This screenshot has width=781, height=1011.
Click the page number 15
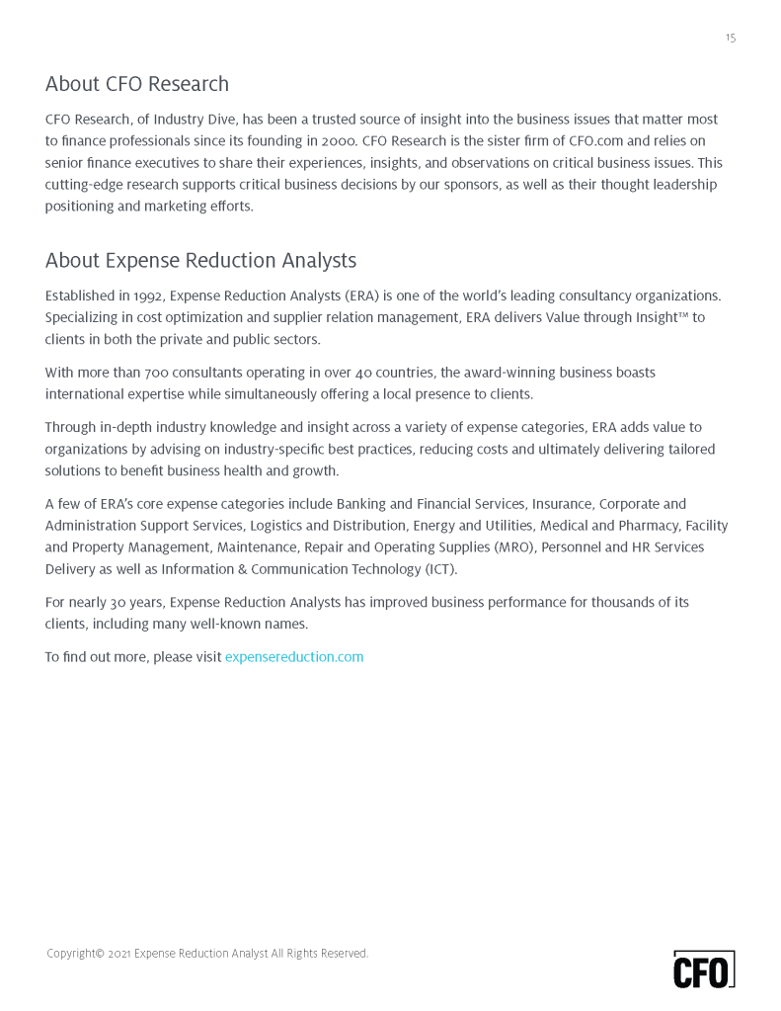pyautogui.click(x=730, y=39)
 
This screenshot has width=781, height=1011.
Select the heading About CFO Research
pyautogui.click(x=136, y=84)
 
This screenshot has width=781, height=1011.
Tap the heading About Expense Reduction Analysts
pyautogui.click(x=200, y=261)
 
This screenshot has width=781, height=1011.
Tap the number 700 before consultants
pyautogui.click(x=156, y=373)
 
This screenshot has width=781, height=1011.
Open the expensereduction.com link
pyautogui.click(x=294, y=657)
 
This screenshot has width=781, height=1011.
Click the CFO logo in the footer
pyautogui.click(x=703, y=969)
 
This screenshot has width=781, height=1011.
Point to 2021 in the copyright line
pyautogui.click(x=119, y=954)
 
